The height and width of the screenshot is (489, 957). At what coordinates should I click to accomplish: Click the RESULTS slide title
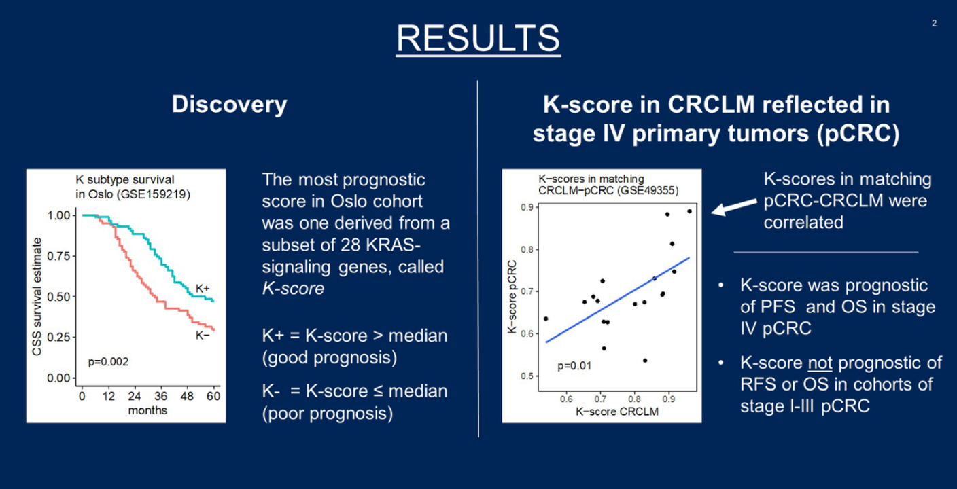(478, 38)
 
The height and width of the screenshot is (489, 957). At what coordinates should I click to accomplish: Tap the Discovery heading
(230, 105)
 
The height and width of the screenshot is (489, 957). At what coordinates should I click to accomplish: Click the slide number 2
(935, 23)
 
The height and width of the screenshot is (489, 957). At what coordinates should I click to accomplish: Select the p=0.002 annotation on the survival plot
(108, 362)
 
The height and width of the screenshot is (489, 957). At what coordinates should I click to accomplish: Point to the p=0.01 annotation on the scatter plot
(574, 366)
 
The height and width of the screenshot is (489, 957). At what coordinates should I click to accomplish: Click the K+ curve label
(203, 288)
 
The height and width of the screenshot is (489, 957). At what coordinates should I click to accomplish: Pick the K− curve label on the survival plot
(203, 336)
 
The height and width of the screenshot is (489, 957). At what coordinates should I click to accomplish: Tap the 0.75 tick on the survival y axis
(58, 256)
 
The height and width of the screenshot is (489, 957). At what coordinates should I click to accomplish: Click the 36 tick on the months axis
(160, 397)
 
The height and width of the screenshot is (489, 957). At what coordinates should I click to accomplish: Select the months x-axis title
(147, 410)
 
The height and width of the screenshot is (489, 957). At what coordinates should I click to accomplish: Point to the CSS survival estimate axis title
(37, 297)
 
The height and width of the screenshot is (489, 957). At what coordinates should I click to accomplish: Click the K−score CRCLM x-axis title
(617, 412)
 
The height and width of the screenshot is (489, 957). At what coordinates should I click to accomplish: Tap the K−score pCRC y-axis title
(512, 297)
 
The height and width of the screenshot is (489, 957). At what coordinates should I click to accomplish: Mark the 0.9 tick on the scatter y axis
(527, 208)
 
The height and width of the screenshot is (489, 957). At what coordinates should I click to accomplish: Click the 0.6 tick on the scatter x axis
(566, 399)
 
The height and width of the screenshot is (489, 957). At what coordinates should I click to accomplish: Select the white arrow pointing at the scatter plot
(734, 206)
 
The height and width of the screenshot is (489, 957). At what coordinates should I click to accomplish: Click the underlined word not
(820, 363)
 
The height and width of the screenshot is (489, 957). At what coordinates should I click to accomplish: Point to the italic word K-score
(293, 289)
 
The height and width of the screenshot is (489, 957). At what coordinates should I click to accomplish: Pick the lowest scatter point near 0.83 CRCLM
(645, 361)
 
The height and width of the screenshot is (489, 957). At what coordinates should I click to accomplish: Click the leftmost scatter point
(546, 319)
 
